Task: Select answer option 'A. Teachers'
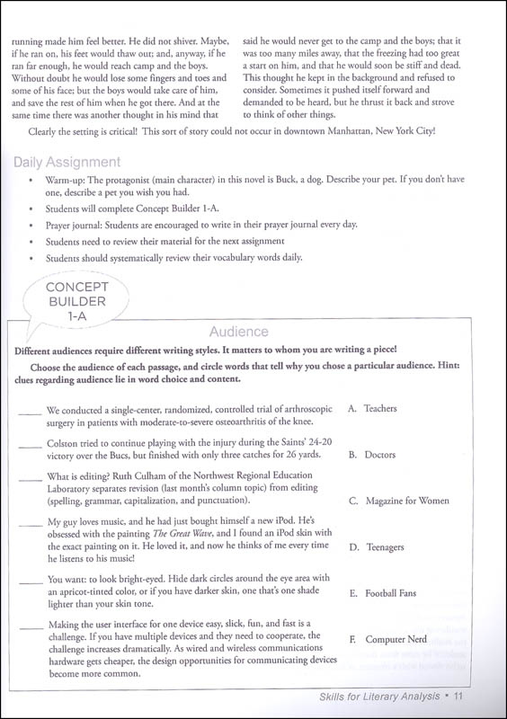(372, 408)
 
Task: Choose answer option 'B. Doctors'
(371, 455)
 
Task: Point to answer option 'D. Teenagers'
(377, 546)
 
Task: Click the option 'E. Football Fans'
(381, 593)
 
